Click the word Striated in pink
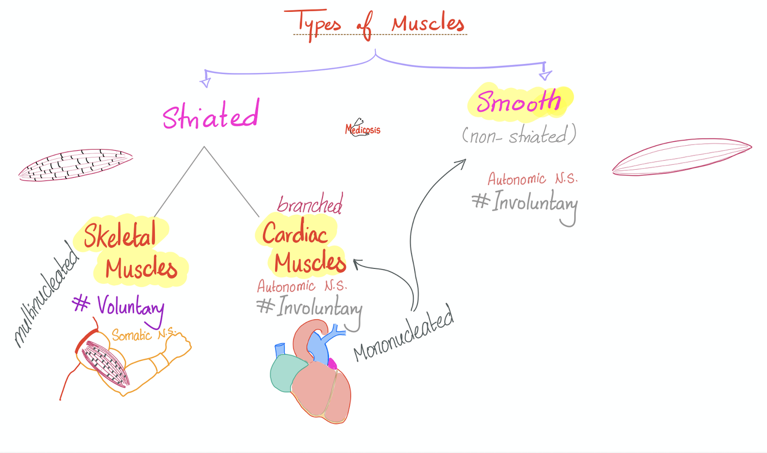[x=211, y=115]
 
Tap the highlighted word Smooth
[x=519, y=101]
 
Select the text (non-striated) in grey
[x=519, y=135]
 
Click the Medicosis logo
[x=362, y=128]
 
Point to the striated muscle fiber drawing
[x=76, y=165]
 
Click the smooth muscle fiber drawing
[x=682, y=157]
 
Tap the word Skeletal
[x=120, y=235]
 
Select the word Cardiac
[x=295, y=233]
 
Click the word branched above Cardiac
[x=310, y=203]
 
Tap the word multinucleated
[x=46, y=295]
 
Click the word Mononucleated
[x=404, y=333]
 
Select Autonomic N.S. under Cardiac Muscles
[x=302, y=286]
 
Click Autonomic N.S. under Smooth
[x=532, y=178]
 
